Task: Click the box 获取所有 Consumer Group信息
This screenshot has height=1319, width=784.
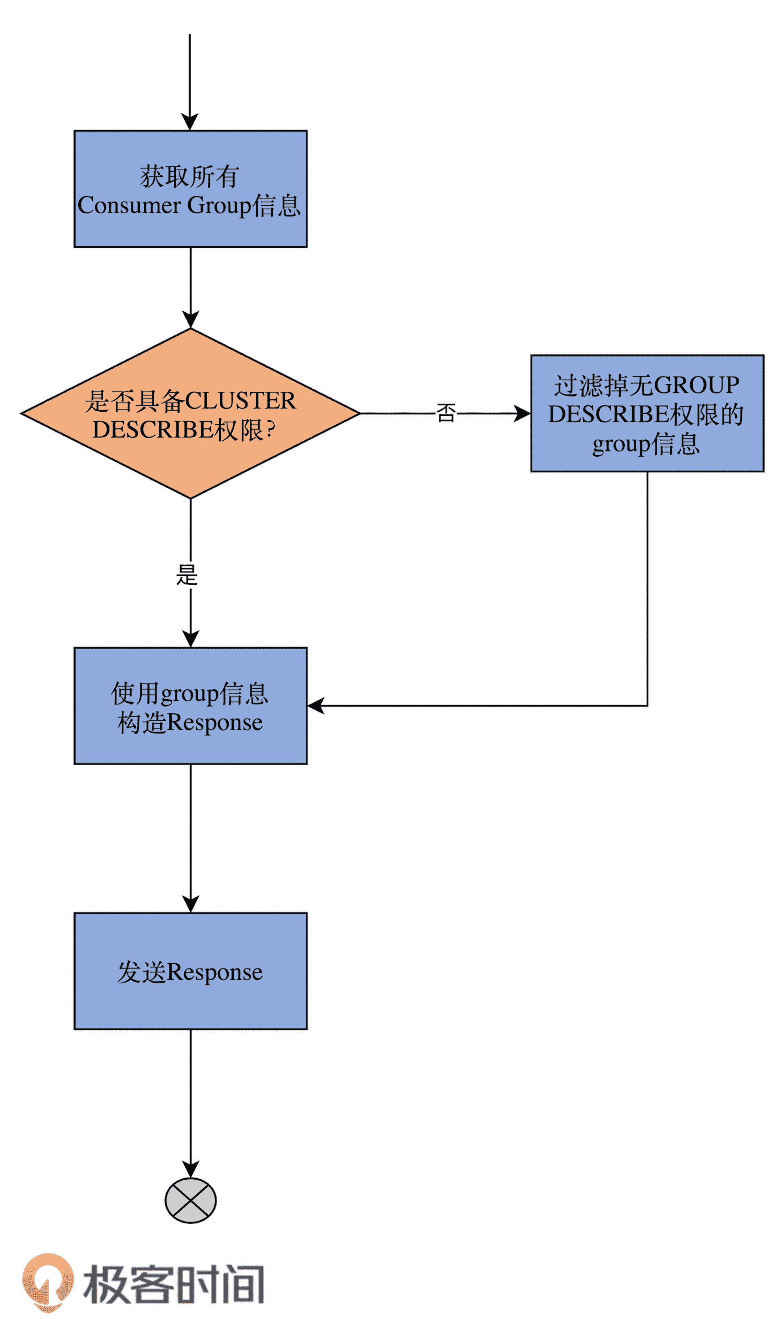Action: click(190, 188)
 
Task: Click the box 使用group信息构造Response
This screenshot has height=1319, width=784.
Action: click(190, 706)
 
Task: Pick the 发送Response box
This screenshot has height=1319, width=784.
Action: click(190, 971)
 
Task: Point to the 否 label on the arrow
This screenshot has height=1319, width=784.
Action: click(445, 413)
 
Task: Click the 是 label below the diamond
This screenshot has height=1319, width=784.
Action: click(186, 575)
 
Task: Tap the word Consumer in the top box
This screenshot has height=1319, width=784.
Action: click(129, 206)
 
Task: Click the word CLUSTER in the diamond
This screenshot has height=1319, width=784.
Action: click(240, 400)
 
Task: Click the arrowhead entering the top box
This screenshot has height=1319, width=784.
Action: click(190, 123)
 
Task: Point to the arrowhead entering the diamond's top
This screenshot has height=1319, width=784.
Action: click(190, 320)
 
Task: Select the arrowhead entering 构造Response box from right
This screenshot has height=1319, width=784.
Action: click(316, 706)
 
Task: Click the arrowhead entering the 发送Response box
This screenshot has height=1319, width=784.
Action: click(190, 904)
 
